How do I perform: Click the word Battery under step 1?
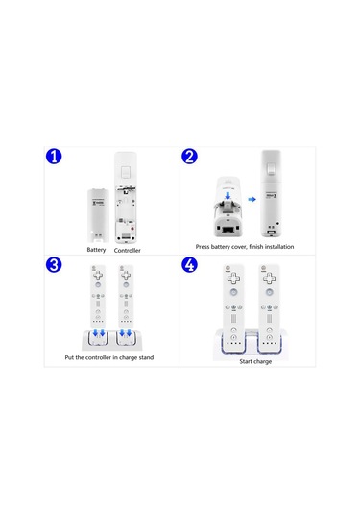[x=96, y=249]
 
